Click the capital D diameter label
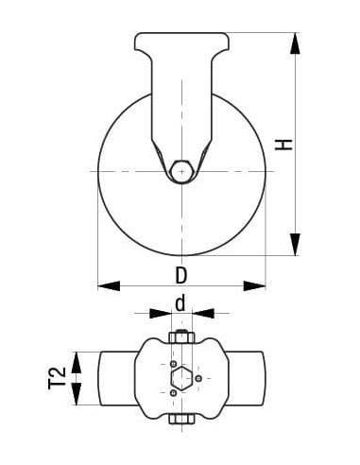tap(180, 276)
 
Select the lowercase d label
tap(180, 304)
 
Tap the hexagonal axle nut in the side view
tap(181, 171)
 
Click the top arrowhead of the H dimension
tap(297, 43)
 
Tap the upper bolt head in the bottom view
tap(180, 338)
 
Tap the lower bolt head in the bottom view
tap(180, 420)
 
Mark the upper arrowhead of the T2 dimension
tap(79, 357)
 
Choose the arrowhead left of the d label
tap(157, 313)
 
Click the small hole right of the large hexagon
tap(201, 378)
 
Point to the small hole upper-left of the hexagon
tap(172, 363)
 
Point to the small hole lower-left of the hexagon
tap(172, 393)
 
